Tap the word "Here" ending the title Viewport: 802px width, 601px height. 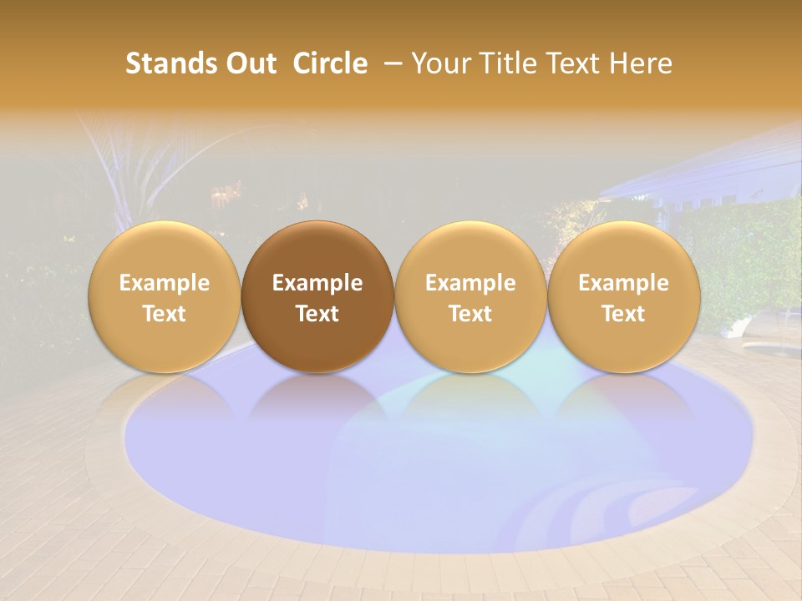(641, 63)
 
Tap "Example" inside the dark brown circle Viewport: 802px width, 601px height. (317, 283)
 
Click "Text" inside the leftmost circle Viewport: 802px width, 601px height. (165, 314)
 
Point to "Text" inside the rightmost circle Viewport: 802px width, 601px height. (624, 314)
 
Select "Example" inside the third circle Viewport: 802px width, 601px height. (470, 283)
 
